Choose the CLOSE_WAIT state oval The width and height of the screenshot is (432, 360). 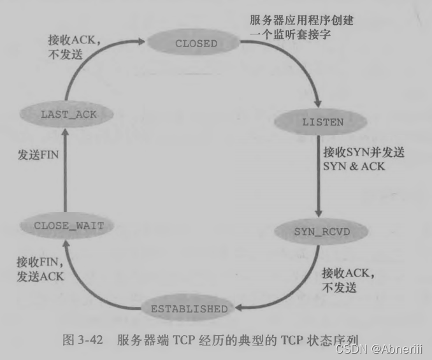pyautogui.click(x=68, y=225)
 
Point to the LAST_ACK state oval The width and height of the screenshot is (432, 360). pyautogui.click(x=68, y=114)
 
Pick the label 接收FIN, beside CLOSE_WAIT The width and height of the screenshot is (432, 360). pyautogui.click(x=36, y=261)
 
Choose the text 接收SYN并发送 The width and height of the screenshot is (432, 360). pyautogui.click(x=364, y=153)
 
